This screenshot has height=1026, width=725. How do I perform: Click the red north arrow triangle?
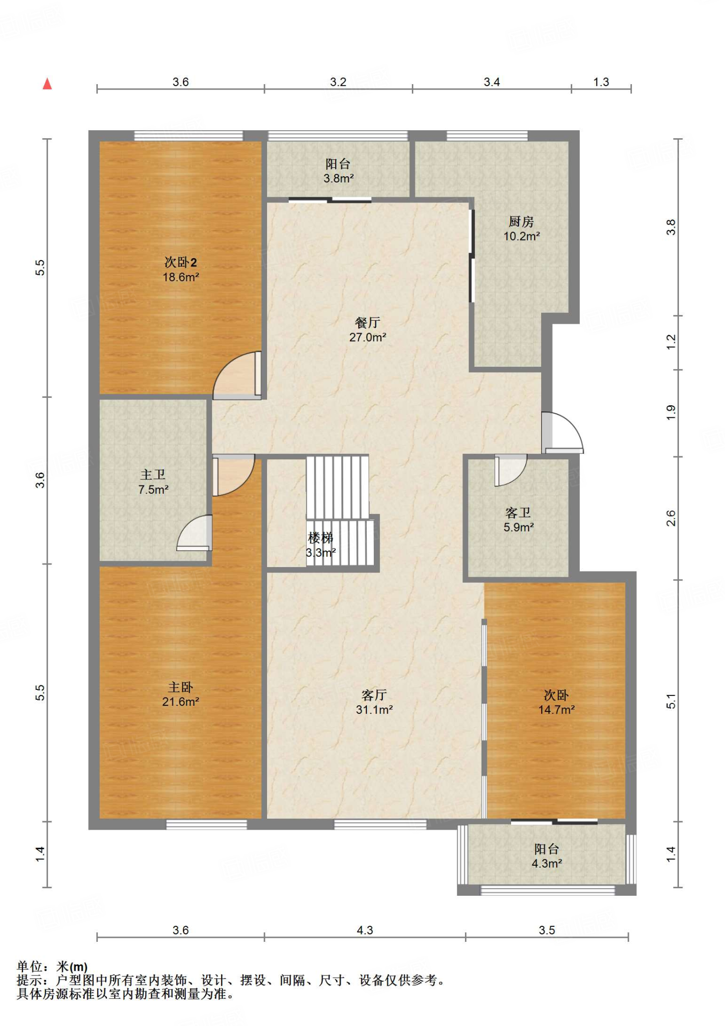(x=47, y=84)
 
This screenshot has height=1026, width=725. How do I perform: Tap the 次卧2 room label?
(x=180, y=262)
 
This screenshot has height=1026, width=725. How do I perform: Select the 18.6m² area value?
(x=181, y=277)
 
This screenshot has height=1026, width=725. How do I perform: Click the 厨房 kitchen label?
(x=521, y=221)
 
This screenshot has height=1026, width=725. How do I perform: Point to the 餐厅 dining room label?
(x=367, y=323)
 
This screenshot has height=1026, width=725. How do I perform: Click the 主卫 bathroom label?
(x=153, y=474)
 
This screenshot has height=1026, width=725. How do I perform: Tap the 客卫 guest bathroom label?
(x=518, y=512)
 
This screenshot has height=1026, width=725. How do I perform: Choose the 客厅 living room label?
(x=374, y=695)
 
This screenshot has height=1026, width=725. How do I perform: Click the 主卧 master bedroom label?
(x=180, y=687)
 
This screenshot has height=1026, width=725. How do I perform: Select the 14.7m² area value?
(x=556, y=710)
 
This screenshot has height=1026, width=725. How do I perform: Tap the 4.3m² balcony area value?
(x=547, y=864)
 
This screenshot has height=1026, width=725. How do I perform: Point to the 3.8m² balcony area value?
(x=339, y=178)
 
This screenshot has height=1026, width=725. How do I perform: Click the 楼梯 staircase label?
(x=320, y=538)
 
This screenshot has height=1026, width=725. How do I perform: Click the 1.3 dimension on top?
(x=601, y=82)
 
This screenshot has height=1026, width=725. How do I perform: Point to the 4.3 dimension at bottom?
(x=365, y=930)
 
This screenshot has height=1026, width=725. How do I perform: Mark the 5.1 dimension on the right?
(x=671, y=701)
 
